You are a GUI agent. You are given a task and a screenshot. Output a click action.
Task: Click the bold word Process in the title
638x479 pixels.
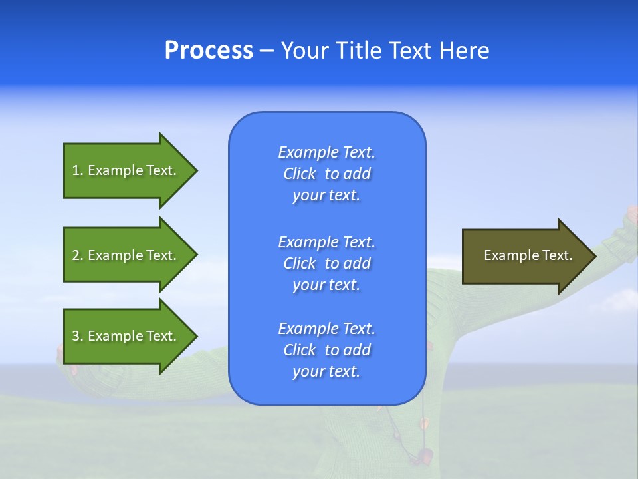[209, 51]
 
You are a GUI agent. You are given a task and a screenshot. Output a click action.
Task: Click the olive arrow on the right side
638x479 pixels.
[518, 256]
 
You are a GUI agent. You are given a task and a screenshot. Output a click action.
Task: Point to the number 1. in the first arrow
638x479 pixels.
[78, 170]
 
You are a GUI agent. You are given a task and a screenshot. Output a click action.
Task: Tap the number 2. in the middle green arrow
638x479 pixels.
[78, 255]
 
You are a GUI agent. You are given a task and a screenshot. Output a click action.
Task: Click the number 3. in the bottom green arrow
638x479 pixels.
[78, 336]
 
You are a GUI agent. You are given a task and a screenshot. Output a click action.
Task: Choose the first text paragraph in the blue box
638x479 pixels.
[326, 174]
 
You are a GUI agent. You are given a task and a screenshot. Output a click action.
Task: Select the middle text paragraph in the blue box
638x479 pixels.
[326, 263]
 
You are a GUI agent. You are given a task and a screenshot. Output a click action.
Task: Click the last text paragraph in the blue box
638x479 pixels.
[326, 350]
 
